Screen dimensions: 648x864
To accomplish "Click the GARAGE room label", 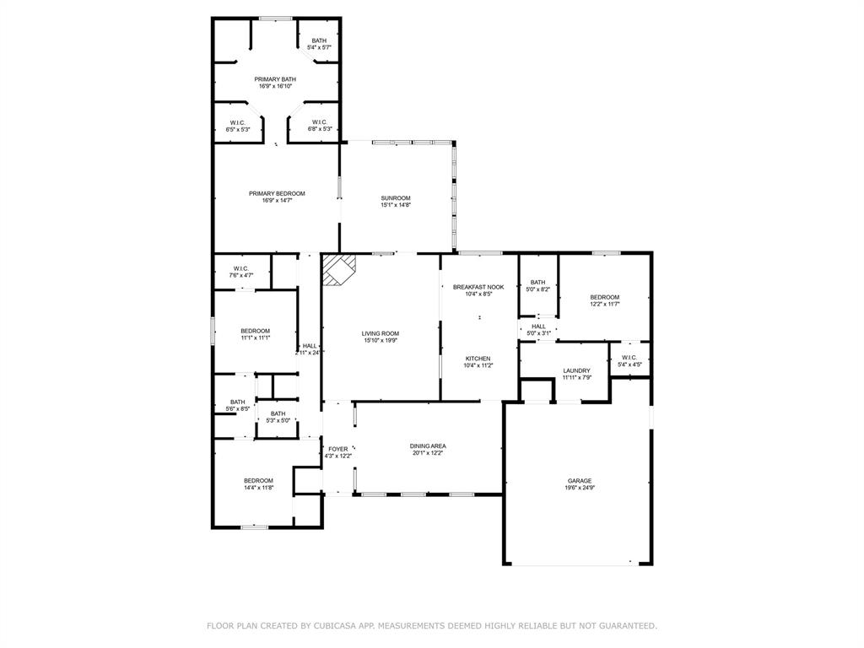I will (579, 481).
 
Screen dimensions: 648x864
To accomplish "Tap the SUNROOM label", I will (395, 198).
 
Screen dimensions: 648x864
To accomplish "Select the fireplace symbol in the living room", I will (341, 271).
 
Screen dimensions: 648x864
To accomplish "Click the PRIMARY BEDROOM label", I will (277, 193).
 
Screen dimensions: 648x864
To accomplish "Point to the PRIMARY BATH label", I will (275, 79).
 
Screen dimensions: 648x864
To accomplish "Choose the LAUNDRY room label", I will (577, 370).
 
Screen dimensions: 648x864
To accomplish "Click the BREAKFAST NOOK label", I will (478, 287).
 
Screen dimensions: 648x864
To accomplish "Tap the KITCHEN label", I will (478, 359).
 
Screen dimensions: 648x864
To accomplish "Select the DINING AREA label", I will (428, 445).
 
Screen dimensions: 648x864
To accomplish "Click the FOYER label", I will (337, 449).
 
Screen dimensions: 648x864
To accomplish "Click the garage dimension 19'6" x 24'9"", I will (579, 488).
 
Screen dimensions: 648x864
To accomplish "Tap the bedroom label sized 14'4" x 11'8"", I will (257, 481).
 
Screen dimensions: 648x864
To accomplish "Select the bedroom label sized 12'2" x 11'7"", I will (604, 297).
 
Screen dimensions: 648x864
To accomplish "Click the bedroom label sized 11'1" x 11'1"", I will (255, 330).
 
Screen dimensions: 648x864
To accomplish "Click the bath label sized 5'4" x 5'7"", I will (319, 40).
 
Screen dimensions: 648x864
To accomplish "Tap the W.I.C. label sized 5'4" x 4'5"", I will (629, 358).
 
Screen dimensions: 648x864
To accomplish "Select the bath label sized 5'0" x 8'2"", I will (538, 283).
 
